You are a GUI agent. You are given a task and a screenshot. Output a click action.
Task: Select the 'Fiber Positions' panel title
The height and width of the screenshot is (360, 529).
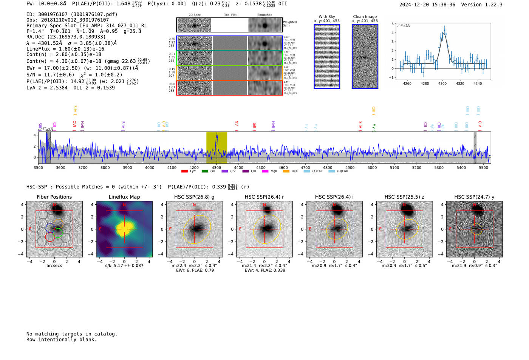click(x=54, y=197)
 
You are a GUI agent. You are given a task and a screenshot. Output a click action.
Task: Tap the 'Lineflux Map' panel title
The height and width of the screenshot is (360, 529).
click(x=124, y=197)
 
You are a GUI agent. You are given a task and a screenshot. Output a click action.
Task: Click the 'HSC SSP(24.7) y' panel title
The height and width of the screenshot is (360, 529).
click(x=474, y=197)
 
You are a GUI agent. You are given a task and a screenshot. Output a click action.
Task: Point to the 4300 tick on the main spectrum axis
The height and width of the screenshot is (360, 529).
click(x=217, y=167)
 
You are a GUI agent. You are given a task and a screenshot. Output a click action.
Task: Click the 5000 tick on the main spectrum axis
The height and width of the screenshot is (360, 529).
click(x=372, y=167)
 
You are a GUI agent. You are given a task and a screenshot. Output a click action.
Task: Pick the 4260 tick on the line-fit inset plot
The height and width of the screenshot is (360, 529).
click(x=407, y=83)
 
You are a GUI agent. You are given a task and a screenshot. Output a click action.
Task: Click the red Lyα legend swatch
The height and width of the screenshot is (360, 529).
click(x=184, y=172)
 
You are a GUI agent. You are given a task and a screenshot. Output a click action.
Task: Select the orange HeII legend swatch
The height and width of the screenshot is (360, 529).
click(x=286, y=172)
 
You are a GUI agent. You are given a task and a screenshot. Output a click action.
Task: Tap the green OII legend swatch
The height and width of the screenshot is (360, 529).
click(x=205, y=172)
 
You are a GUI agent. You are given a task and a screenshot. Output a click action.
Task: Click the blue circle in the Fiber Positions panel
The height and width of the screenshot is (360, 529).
click(x=50, y=228)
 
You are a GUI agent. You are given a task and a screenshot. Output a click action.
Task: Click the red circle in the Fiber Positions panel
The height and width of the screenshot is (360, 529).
click(x=49, y=237)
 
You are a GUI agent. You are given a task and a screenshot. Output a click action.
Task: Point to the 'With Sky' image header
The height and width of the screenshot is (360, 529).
click(x=327, y=17)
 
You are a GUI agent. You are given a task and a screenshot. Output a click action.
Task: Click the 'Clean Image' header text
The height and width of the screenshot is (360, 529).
click(x=365, y=17)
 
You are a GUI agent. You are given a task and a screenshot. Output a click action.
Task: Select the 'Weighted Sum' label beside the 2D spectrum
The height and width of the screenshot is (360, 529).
click(x=290, y=24)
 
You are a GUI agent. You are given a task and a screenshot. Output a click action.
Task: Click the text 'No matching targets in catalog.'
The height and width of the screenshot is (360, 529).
click(x=72, y=334)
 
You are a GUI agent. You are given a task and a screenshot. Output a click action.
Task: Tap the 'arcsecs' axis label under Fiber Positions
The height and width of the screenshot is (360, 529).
click(x=54, y=266)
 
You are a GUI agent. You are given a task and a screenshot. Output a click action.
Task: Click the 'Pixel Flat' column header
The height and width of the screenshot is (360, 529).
click(x=230, y=15)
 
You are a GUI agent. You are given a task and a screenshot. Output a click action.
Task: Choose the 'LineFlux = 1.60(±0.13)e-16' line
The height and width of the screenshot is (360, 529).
click(x=65, y=49)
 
